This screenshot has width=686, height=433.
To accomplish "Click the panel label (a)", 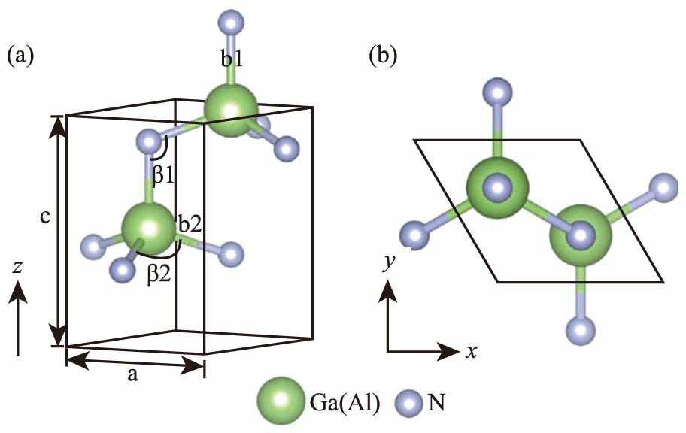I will (20, 56).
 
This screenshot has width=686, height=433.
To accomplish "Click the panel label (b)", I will (384, 56).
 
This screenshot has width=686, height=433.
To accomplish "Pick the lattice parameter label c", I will (45, 217).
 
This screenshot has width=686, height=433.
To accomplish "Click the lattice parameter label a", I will (132, 377).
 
